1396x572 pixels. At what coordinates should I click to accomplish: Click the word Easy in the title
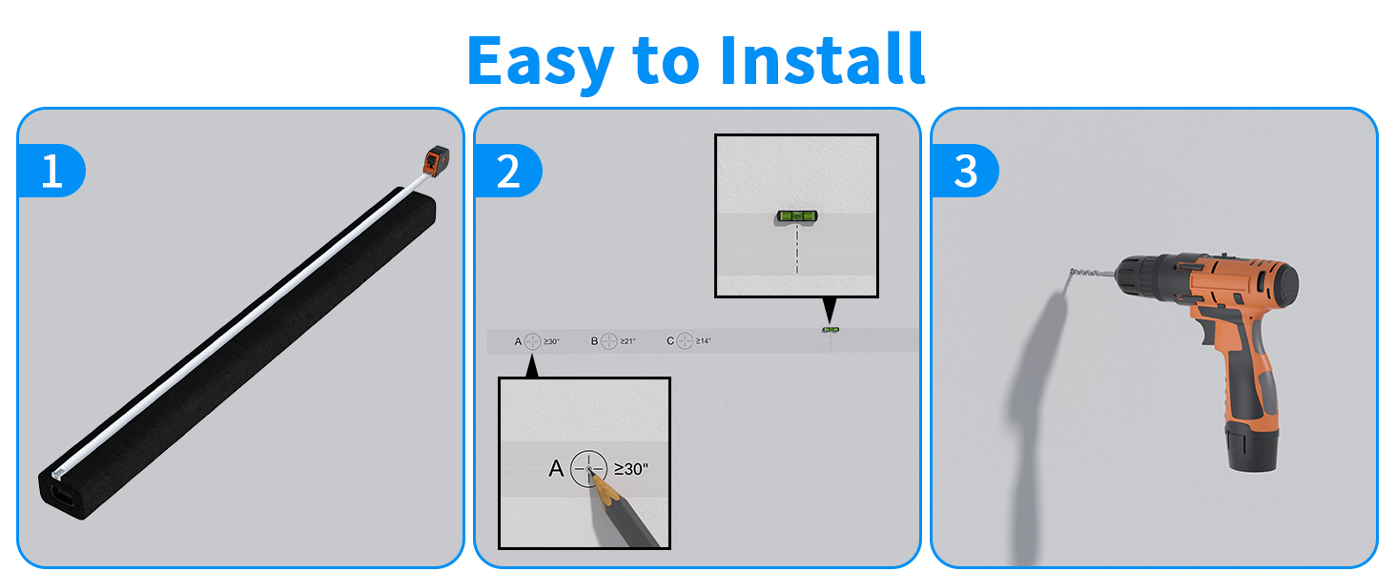coord(540,60)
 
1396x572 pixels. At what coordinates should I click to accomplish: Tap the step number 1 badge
coord(51,172)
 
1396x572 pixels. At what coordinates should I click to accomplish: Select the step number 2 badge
coord(508,172)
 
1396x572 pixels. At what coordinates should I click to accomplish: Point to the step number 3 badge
coord(965,172)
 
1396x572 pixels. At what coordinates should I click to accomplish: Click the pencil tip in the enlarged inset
coord(593,473)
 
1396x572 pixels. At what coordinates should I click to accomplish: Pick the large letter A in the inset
coord(556,468)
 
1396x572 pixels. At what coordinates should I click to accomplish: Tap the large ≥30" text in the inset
coord(631,468)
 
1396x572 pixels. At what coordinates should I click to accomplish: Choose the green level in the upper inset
coord(796,215)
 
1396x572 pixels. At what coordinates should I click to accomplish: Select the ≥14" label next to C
coord(704,340)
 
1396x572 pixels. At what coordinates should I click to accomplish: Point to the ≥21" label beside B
coord(626,340)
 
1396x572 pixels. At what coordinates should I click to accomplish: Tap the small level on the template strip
coord(831,329)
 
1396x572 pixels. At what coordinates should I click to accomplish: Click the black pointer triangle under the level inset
coord(830,310)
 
